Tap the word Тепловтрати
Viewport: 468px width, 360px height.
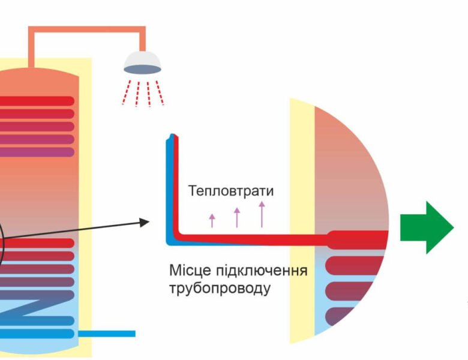coord(230,191)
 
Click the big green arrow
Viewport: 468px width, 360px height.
coord(427,227)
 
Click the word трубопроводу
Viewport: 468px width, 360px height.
coord(220,288)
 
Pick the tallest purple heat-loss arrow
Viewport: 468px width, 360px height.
coord(262,214)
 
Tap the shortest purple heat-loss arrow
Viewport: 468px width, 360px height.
coord(212,220)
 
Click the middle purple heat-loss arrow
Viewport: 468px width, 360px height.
coord(237,217)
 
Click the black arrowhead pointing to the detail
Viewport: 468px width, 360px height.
coord(144,222)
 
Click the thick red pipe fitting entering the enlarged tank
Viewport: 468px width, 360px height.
coord(354,239)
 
